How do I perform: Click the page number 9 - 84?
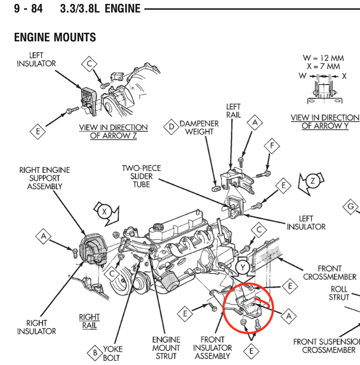click(28, 8)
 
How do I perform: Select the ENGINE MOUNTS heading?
click(55, 37)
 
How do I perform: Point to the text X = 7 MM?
click(323, 66)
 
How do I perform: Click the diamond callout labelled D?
click(171, 127)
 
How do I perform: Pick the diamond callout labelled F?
click(272, 146)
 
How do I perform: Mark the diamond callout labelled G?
click(351, 207)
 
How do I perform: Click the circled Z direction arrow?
click(312, 181)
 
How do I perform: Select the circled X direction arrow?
click(104, 212)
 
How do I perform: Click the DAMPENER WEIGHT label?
click(199, 128)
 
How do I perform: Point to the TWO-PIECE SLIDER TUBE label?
click(141, 176)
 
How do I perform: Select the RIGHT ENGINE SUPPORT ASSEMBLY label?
click(44, 178)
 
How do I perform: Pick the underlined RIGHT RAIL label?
click(89, 321)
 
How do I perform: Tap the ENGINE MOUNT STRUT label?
click(166, 348)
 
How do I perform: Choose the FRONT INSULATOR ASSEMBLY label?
click(212, 348)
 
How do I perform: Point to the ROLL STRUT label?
click(339, 293)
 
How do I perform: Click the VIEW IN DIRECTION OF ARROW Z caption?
click(113, 131)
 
